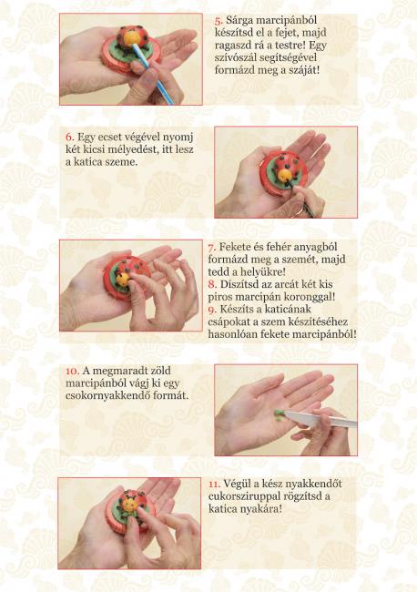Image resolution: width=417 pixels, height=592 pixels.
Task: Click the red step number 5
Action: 219,21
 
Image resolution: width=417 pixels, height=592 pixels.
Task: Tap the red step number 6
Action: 69,137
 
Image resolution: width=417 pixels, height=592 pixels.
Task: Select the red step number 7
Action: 212,248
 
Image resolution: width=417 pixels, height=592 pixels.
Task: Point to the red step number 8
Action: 212,284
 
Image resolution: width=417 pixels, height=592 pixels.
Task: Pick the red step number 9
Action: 212,310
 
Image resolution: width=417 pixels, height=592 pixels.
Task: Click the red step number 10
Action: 72,371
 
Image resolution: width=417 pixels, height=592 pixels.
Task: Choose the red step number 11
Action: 214,484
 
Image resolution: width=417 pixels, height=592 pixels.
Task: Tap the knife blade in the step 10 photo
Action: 320,418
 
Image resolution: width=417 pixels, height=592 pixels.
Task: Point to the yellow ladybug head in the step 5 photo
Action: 132,37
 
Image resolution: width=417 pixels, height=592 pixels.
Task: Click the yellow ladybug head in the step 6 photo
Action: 285,174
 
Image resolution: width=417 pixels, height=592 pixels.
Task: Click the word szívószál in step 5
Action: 234,57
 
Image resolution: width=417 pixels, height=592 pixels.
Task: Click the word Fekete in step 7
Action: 234,248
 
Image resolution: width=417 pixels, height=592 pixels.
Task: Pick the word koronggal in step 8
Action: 310,297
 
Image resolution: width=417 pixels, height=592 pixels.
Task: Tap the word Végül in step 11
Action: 235,485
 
